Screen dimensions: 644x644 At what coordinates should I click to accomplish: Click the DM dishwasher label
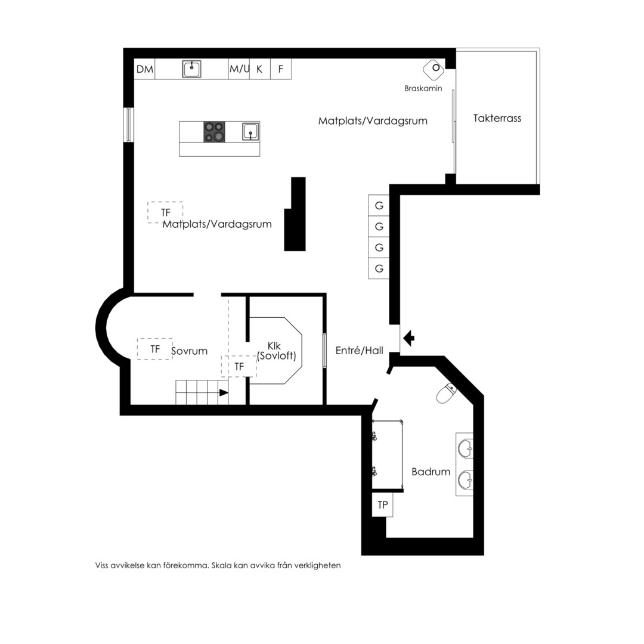pyautogui.click(x=144, y=69)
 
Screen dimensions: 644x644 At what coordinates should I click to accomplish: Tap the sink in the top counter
pyautogui.click(x=191, y=69)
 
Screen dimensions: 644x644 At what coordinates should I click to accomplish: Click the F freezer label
pyautogui.click(x=281, y=69)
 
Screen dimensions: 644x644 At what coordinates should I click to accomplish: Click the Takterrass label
pyautogui.click(x=497, y=118)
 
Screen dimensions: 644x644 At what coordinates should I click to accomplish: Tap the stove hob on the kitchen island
pyautogui.click(x=215, y=132)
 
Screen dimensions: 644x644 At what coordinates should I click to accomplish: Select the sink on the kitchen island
pyautogui.click(x=250, y=131)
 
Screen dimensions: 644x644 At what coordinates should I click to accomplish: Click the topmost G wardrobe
pyautogui.click(x=379, y=205)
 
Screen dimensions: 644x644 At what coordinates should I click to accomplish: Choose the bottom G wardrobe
pyautogui.click(x=379, y=268)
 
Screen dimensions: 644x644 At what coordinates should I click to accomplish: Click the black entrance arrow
pyautogui.click(x=408, y=339)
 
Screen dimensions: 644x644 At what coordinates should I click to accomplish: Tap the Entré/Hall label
pyautogui.click(x=360, y=351)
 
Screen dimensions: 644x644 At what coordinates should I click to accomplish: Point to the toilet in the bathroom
pyautogui.click(x=446, y=393)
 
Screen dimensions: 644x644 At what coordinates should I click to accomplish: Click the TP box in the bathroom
pyautogui.click(x=382, y=505)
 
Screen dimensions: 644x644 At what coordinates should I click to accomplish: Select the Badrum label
pyautogui.click(x=431, y=472)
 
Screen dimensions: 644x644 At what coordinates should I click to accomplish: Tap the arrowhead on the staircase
pyautogui.click(x=224, y=392)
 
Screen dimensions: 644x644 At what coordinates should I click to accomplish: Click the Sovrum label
pyautogui.click(x=190, y=351)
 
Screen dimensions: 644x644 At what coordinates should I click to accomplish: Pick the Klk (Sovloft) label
pyautogui.click(x=277, y=351)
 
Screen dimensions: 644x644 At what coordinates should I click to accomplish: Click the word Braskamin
pyautogui.click(x=423, y=88)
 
